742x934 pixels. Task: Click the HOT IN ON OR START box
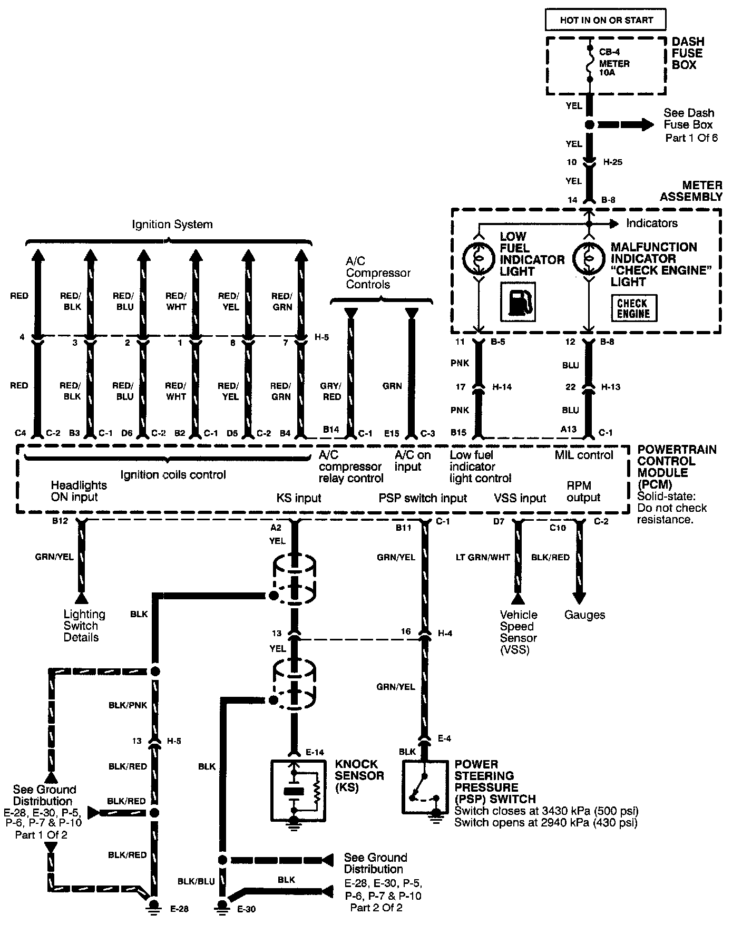[606, 20]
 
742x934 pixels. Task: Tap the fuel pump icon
[518, 301]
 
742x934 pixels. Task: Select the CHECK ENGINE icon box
[633, 308]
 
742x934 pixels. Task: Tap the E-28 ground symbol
[154, 906]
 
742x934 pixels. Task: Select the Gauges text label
[584, 615]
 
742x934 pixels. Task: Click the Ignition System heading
[172, 224]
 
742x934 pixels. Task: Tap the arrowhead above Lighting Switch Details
[81, 598]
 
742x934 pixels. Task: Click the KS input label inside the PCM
[299, 498]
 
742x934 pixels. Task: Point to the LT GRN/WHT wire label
[483, 557]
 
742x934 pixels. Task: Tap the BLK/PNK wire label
[128, 705]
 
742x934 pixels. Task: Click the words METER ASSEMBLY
[691, 191]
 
